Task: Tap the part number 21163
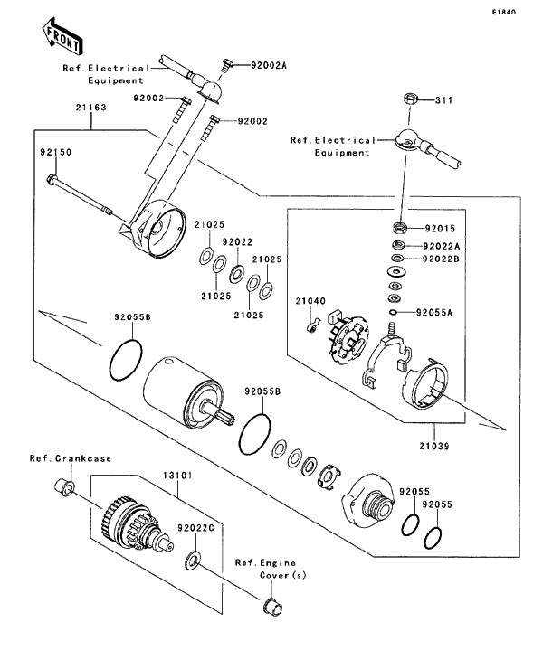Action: [90, 108]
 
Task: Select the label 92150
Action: [54, 153]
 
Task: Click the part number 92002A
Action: [269, 66]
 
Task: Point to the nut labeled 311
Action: [408, 99]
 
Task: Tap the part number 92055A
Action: [434, 313]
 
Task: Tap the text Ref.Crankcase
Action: [70, 458]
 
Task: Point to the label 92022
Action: [238, 241]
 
